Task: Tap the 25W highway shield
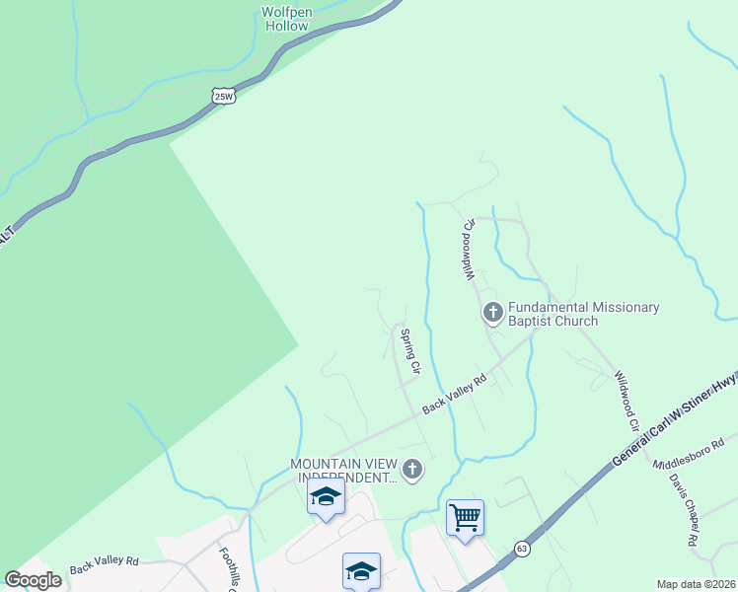pos(225,96)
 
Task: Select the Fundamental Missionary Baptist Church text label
pos(583,314)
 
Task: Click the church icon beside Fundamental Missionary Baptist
pos(492,314)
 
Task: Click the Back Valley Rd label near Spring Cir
pos(455,394)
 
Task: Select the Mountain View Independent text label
pos(342,472)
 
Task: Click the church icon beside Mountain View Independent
pos(413,471)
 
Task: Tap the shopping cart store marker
pos(465,517)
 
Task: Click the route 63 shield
pos(522,548)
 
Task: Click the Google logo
pos(33,580)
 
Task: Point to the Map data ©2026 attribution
pos(696,584)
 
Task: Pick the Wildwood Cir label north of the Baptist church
pos(470,248)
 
